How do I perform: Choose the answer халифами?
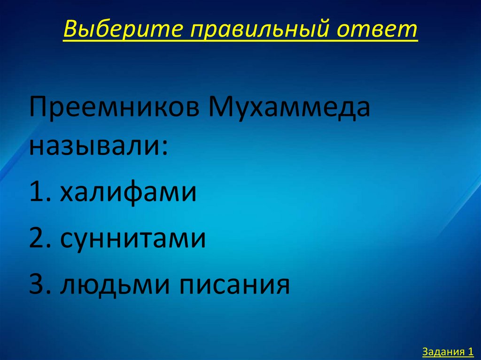click(129, 192)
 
